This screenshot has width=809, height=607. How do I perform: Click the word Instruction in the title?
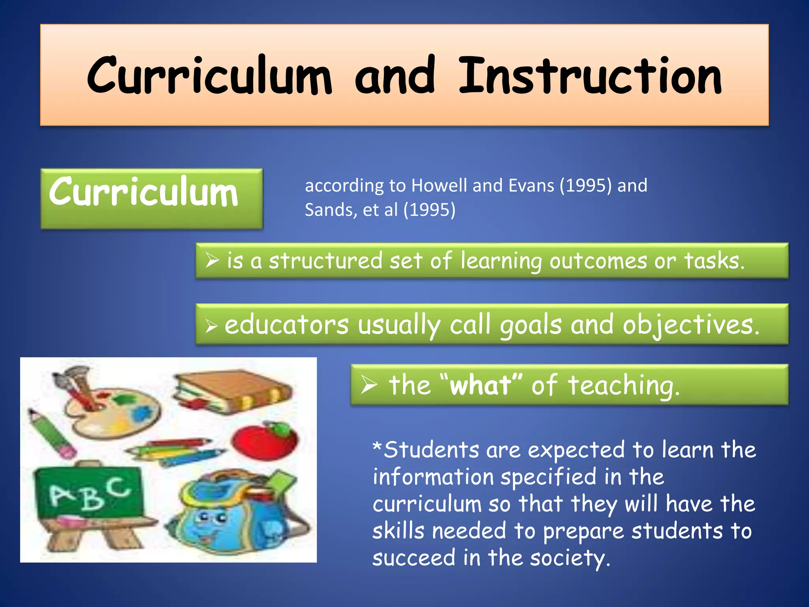point(590,76)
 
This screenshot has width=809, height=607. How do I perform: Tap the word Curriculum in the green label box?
point(143,192)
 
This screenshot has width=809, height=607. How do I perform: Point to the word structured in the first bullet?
point(325,261)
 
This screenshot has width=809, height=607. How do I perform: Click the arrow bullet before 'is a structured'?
point(212,260)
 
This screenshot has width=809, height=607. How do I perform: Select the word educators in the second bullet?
point(286,325)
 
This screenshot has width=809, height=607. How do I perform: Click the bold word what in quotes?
point(481,385)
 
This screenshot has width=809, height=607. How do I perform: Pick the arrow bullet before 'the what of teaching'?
point(369,385)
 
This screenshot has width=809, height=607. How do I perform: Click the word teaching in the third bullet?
point(624,385)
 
